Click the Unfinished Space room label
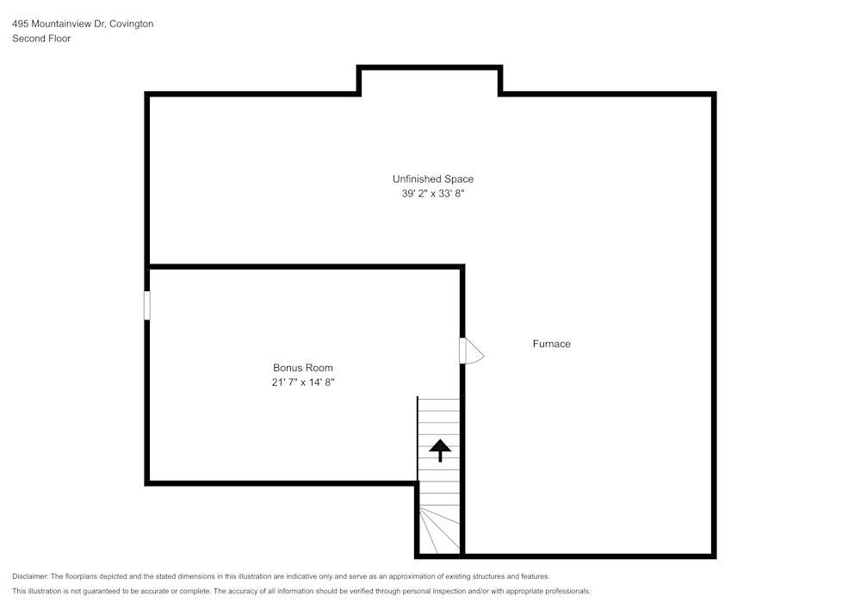click(x=432, y=179)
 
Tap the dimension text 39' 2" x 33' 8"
click(x=432, y=194)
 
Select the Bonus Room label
click(x=303, y=368)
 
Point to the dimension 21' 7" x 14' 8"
click(x=303, y=382)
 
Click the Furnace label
click(x=551, y=344)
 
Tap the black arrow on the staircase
click(x=440, y=449)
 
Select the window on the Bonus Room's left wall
click(x=147, y=306)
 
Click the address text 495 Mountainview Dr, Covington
click(x=83, y=24)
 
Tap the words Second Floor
click(x=41, y=39)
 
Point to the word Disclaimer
click(x=30, y=576)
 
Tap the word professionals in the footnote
click(x=567, y=591)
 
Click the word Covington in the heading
click(x=132, y=24)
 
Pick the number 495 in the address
click(x=20, y=24)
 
